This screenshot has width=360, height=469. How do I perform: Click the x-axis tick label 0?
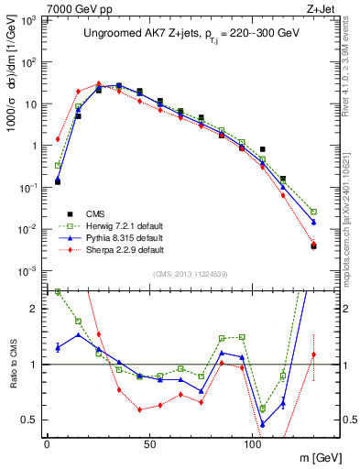(47, 443)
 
